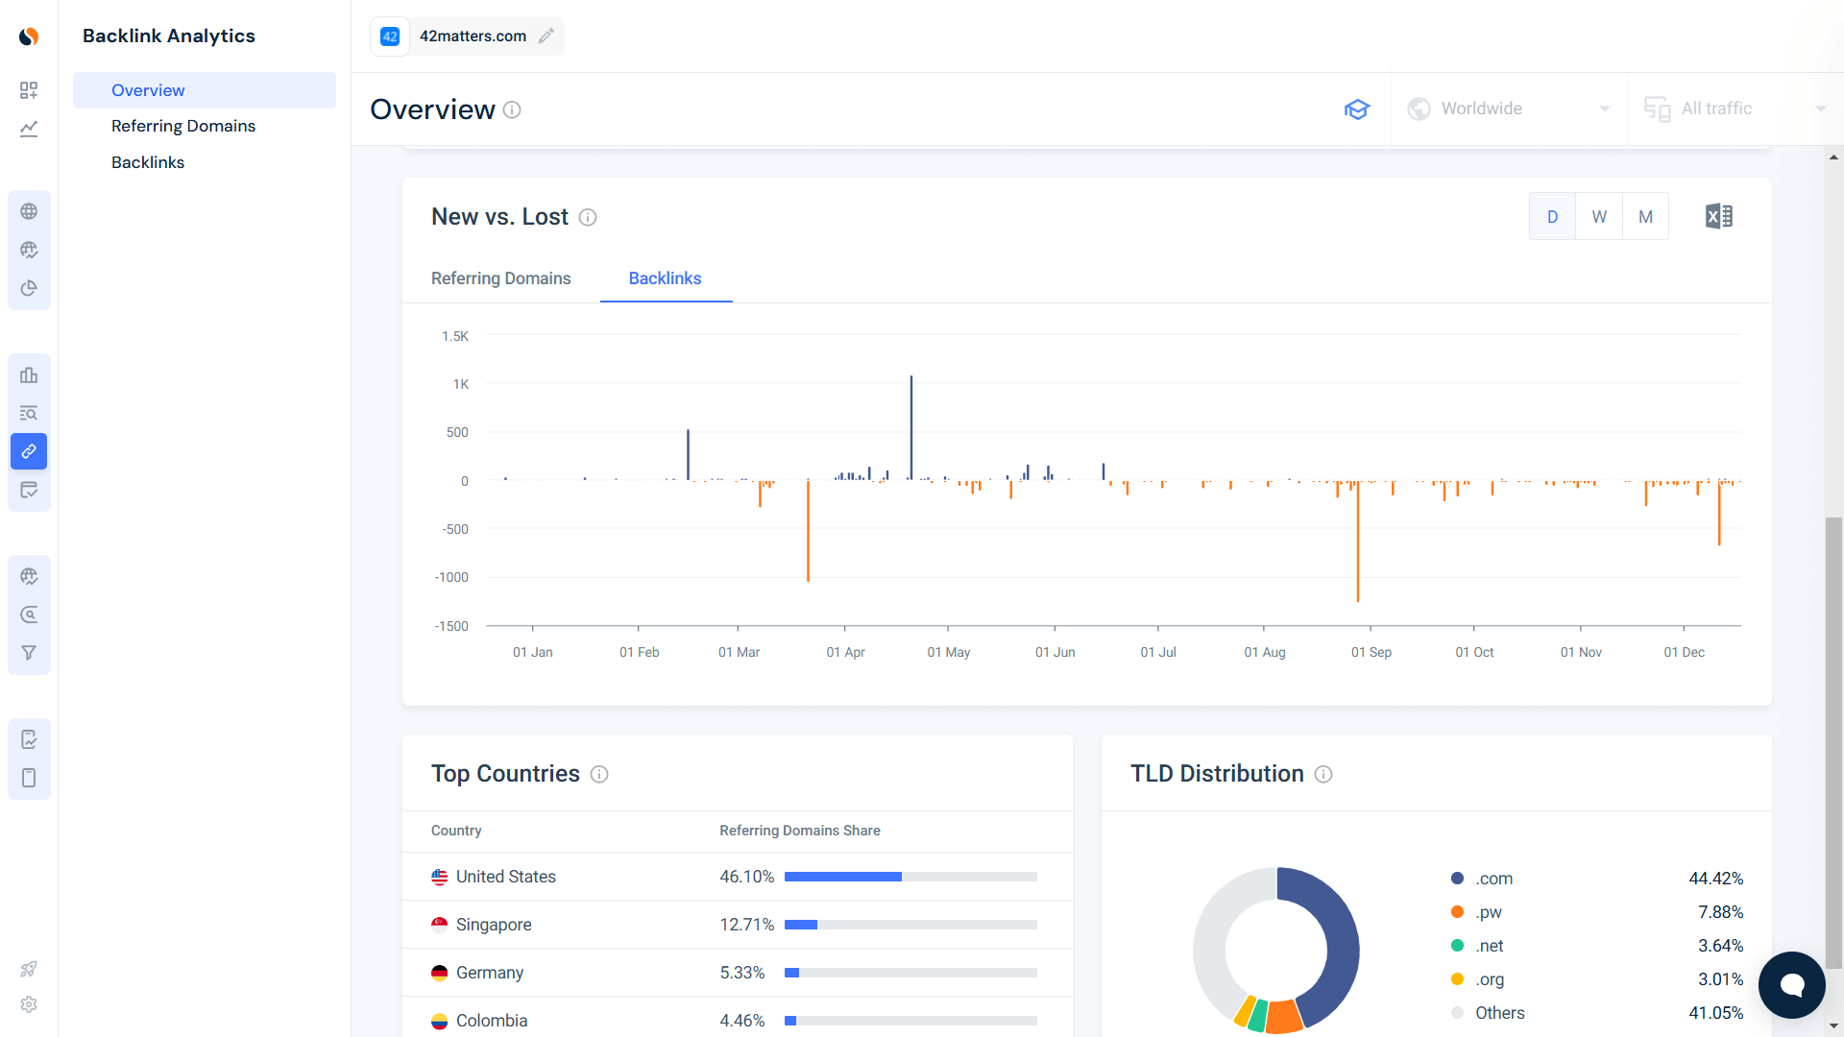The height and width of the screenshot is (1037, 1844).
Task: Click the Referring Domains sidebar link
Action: click(182, 126)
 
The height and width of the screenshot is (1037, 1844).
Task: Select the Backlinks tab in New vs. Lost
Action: click(665, 278)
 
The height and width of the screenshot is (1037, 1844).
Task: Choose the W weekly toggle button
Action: click(1599, 217)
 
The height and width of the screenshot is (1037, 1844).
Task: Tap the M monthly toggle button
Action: click(1645, 217)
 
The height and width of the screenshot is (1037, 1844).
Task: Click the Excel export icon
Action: click(1718, 217)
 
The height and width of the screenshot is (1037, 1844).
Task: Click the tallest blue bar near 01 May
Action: click(911, 427)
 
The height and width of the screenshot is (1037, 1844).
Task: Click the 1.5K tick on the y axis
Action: click(455, 336)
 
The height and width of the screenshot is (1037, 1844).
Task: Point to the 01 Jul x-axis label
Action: click(1158, 652)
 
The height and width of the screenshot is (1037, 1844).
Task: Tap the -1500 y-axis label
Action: click(451, 626)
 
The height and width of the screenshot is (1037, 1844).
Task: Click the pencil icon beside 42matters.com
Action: click(546, 36)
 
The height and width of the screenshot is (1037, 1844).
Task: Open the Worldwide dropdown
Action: click(1509, 109)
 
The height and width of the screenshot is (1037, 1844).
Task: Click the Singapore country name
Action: click(494, 925)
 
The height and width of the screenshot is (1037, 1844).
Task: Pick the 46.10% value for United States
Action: click(746, 877)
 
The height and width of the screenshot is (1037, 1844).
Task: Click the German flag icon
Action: click(440, 973)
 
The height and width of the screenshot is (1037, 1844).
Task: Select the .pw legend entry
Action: click(1488, 912)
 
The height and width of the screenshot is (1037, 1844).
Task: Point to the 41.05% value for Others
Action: click(1715, 1013)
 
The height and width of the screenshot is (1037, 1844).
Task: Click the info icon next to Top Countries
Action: click(599, 775)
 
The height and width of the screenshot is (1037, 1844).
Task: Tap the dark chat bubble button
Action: click(1791, 984)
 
